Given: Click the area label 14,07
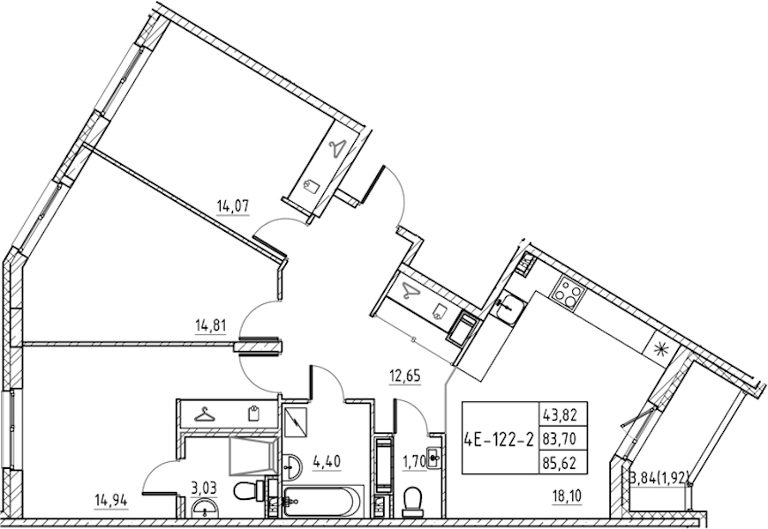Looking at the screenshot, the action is coord(233,206).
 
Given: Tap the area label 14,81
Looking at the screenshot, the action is coord(211,326).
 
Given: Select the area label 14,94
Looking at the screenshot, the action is coord(112,501).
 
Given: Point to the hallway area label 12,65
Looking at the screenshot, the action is coord(405,376).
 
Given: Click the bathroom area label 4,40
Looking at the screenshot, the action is coord(327,461).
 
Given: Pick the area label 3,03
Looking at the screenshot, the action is coord(205,488).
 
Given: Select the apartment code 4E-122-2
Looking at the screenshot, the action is coord(499,439).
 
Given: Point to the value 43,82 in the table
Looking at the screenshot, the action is coord(559,415).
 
